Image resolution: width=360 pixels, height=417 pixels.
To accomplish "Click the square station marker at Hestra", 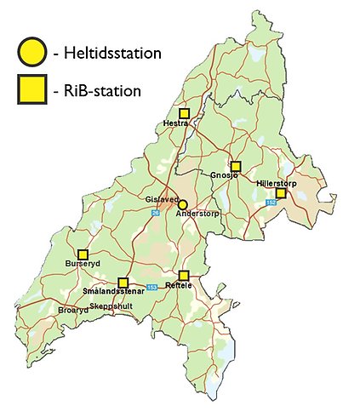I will point(184,113).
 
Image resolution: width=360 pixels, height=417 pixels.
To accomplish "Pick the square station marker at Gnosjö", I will point(236,166).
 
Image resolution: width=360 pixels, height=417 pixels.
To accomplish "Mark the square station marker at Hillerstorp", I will point(281,193).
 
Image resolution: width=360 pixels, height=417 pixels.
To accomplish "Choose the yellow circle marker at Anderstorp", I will point(183,204).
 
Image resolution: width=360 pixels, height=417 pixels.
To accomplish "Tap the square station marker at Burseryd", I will point(83,254).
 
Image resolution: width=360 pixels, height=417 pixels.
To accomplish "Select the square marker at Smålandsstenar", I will point(123,282).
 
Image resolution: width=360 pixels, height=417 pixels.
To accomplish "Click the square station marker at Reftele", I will point(184,275).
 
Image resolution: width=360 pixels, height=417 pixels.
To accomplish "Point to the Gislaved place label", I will point(162,199).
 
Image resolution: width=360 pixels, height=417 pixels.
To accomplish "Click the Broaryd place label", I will point(73,311).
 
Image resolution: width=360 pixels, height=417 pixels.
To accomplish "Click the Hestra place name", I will point(176,124).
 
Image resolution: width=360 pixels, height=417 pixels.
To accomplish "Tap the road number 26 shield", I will point(156,214).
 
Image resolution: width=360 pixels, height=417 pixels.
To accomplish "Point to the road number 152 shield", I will point(271,203).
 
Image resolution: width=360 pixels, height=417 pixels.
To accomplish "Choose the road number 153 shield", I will point(151,288).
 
